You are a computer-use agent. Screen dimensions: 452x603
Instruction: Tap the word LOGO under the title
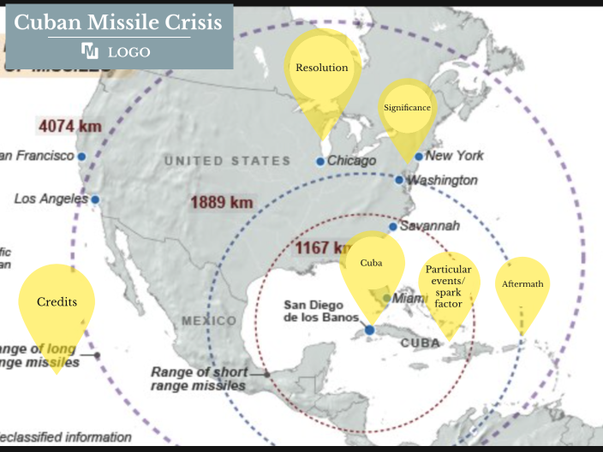pyautogui.click(x=128, y=52)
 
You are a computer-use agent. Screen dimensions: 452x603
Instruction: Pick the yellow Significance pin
pyautogui.click(x=407, y=109)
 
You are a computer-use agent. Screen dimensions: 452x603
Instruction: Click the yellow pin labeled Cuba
pyautogui.click(x=371, y=264)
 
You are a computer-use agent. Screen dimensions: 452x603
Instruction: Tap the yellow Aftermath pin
pyautogui.click(x=522, y=284)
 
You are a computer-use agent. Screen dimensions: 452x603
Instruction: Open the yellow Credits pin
pyautogui.click(x=57, y=302)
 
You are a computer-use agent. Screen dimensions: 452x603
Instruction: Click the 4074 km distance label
pyautogui.click(x=69, y=127)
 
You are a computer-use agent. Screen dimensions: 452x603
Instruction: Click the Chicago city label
pyautogui.click(x=352, y=161)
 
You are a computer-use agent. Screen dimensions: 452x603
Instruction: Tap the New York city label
pyautogui.click(x=454, y=156)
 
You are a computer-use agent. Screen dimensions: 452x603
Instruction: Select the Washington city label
pyautogui.click(x=442, y=181)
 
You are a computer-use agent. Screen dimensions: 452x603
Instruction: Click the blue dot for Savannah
pyautogui.click(x=392, y=227)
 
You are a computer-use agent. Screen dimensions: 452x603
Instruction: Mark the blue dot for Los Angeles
pyautogui.click(x=95, y=199)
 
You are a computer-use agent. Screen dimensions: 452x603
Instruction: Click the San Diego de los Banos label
pyautogui.click(x=313, y=312)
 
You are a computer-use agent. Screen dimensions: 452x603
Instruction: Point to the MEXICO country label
pyautogui.click(x=209, y=321)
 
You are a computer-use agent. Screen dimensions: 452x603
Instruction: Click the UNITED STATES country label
pyautogui.click(x=227, y=161)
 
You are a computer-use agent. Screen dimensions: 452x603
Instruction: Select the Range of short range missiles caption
pyautogui.click(x=200, y=378)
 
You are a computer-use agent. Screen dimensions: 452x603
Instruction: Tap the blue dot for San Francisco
pyautogui.click(x=81, y=157)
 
